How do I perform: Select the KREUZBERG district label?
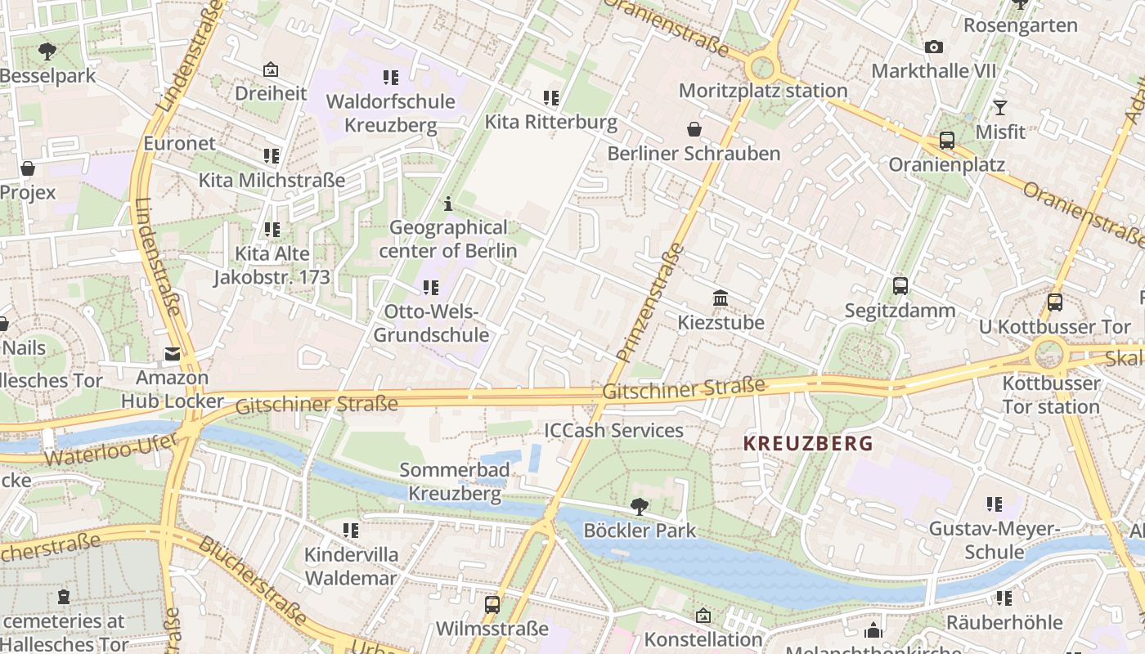click(808, 444)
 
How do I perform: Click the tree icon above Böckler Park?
click(640, 507)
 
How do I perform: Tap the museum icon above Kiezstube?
click(721, 298)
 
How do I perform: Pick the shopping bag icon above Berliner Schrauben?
click(694, 129)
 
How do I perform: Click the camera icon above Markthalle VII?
click(933, 47)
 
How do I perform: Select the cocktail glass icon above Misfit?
click(999, 108)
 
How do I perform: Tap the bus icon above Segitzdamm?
click(900, 286)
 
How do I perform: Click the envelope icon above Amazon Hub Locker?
click(172, 354)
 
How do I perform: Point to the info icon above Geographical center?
click(447, 204)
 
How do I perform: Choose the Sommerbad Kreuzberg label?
click(455, 482)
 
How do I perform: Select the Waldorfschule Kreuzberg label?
click(390, 113)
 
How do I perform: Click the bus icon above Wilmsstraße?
click(492, 605)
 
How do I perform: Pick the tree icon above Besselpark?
click(47, 52)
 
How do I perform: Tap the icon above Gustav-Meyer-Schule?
click(994, 504)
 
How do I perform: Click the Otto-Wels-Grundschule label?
click(431, 323)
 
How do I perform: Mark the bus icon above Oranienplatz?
click(946, 141)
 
